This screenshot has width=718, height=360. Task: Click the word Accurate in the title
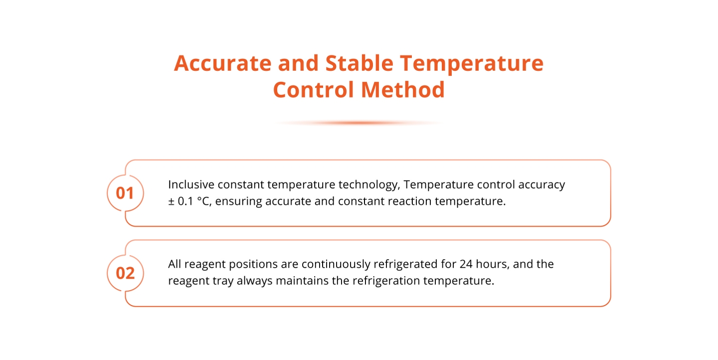222,63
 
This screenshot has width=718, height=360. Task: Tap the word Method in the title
402,89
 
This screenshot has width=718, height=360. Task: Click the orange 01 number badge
125,193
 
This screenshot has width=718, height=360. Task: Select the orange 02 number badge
125,273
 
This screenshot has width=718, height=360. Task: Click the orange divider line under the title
359,123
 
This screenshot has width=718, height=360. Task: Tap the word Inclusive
191,184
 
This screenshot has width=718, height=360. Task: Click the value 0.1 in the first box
185,201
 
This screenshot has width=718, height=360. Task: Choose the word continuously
336,265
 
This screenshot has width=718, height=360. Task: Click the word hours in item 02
492,264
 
